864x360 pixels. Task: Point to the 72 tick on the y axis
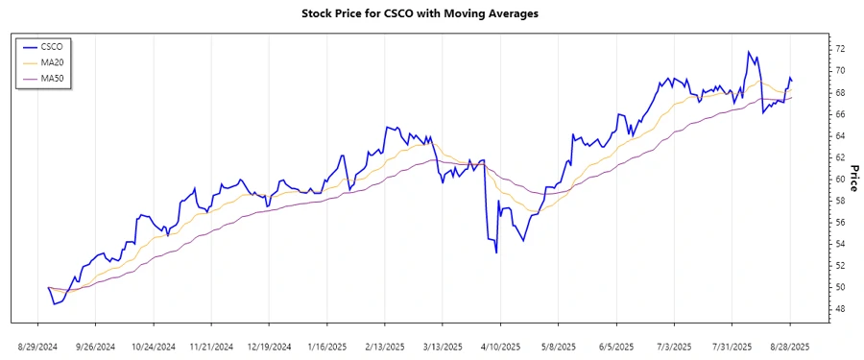point(839,49)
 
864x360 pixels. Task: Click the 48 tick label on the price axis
point(839,309)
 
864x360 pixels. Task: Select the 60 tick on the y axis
point(839,180)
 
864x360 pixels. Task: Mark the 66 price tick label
point(839,114)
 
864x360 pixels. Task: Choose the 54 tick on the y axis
point(839,244)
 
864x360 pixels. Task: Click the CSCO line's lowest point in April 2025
point(496,252)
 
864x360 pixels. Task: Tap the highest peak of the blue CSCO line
point(748,52)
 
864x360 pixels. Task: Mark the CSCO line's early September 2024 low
point(55,304)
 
